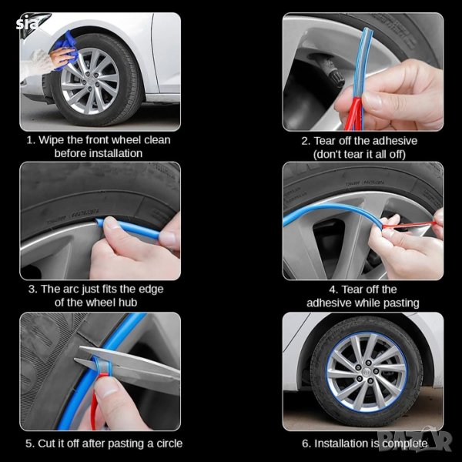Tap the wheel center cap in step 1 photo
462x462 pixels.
pos(89,82)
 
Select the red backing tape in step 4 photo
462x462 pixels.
pos(410,226)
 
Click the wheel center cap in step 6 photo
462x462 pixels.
pos(367,371)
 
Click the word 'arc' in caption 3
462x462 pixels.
pos(72,289)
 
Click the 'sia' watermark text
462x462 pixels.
pos(27,23)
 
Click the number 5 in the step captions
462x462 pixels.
pos(28,444)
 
